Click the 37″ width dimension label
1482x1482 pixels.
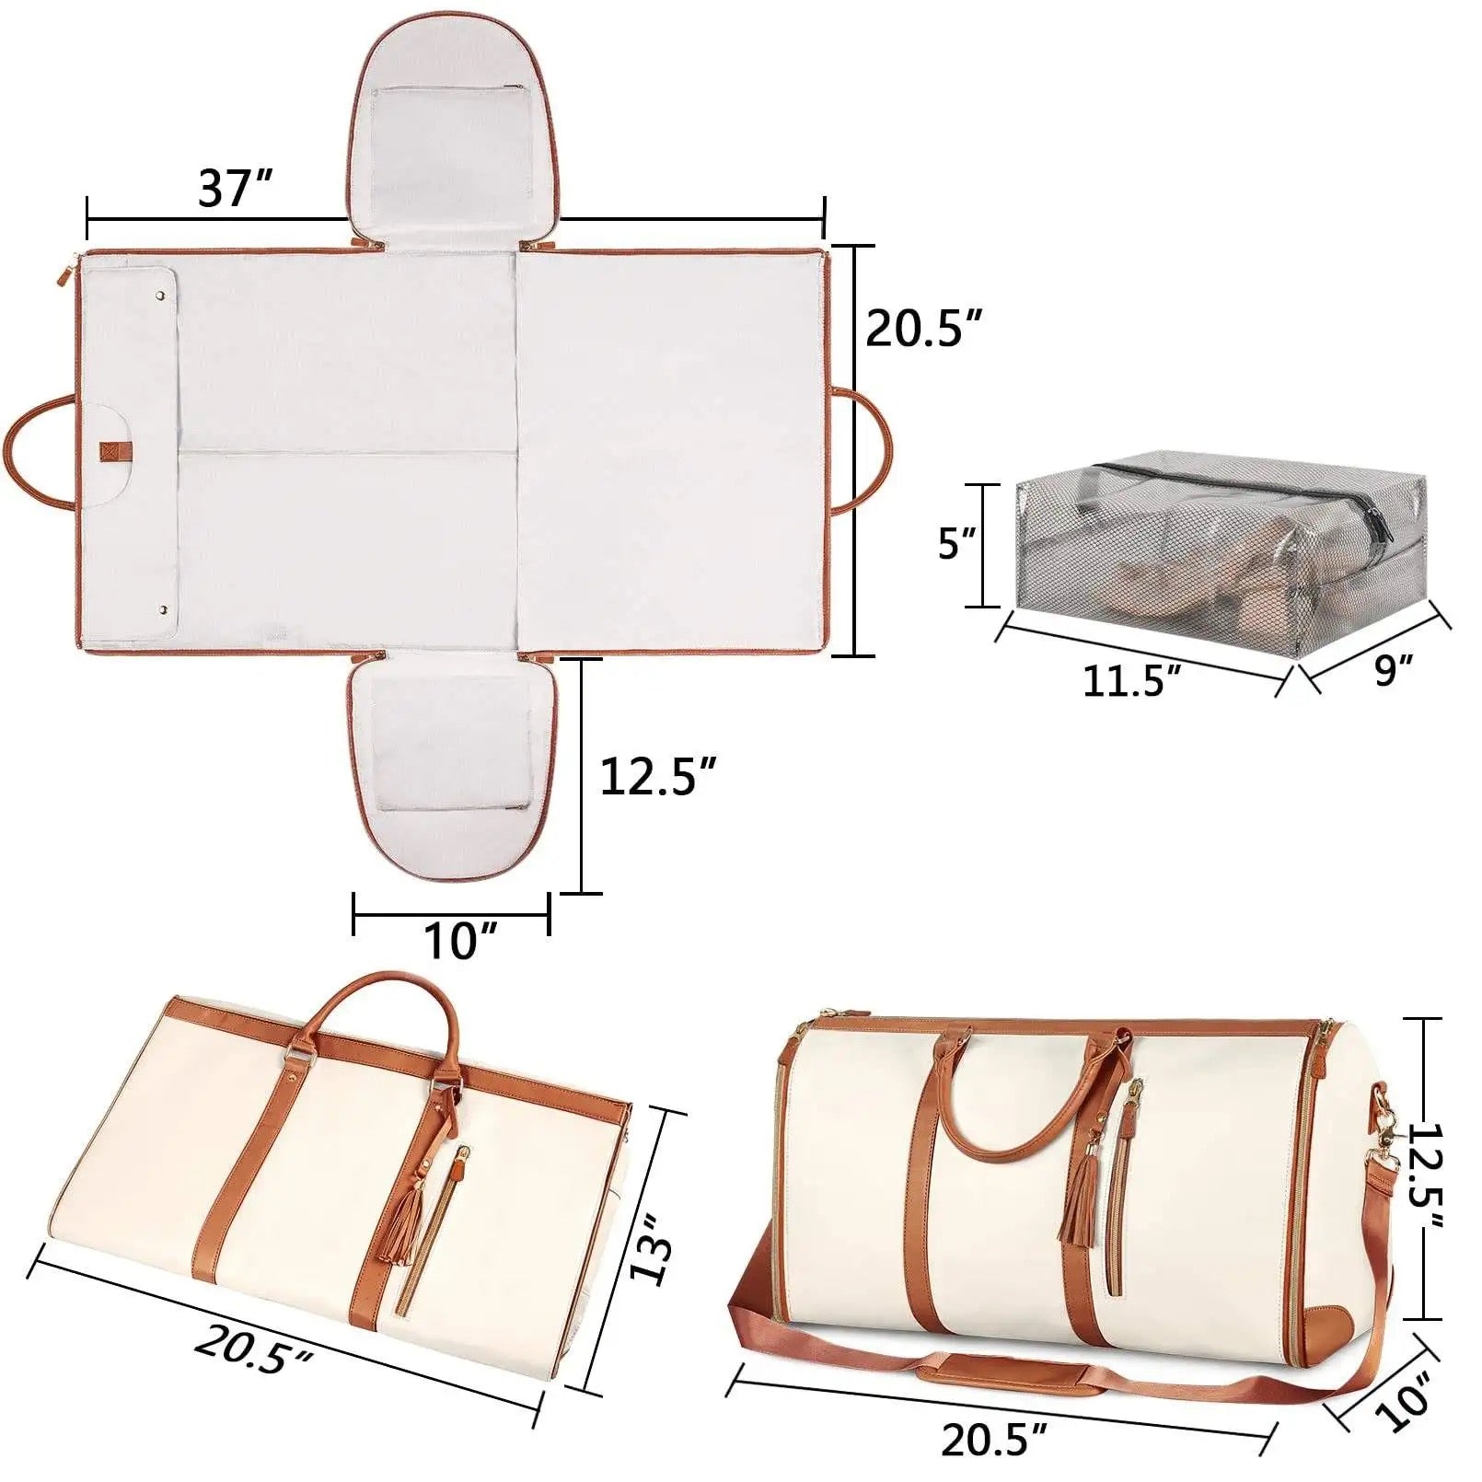tap(235, 189)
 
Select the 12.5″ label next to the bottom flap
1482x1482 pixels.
tap(657, 775)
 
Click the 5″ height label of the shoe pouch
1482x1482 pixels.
tap(955, 544)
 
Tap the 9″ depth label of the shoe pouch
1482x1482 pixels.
tap(1393, 669)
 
